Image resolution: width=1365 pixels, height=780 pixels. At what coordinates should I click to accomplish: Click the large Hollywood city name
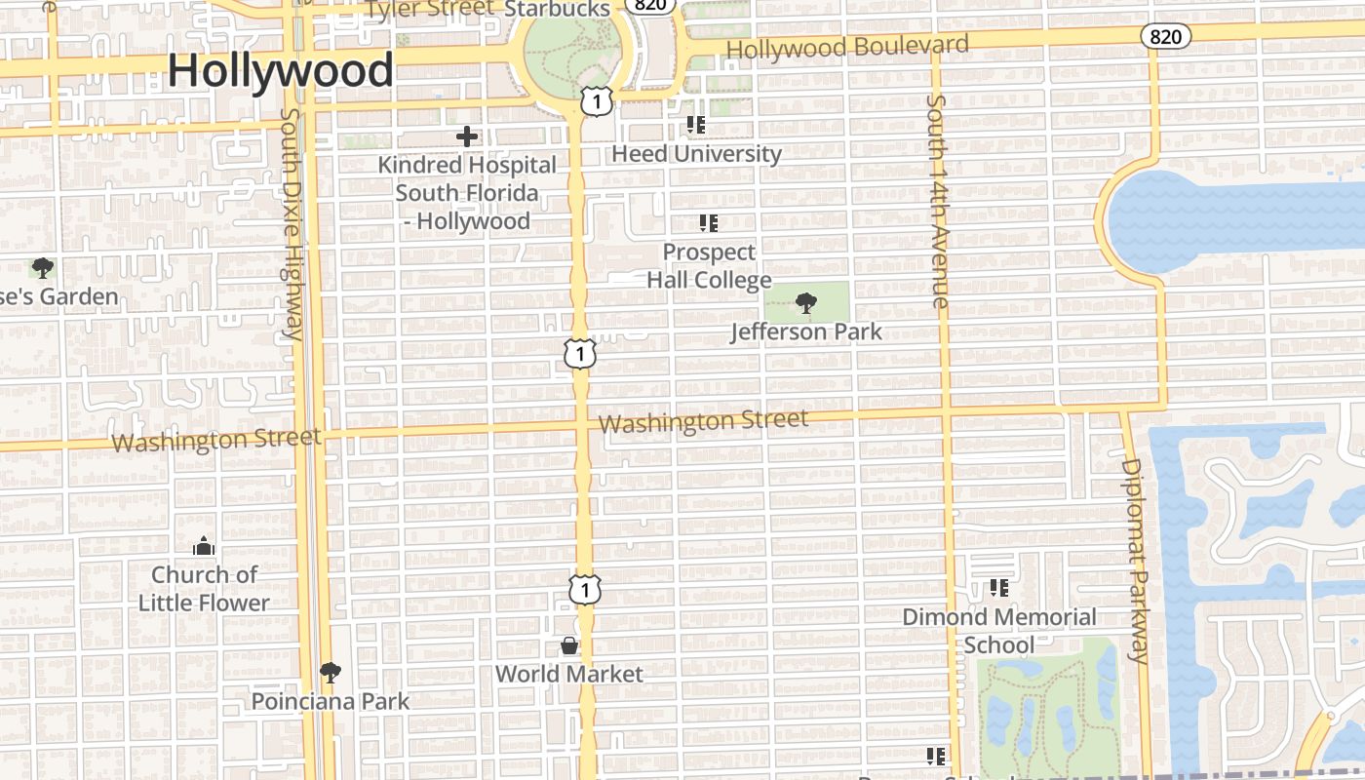pos(281,71)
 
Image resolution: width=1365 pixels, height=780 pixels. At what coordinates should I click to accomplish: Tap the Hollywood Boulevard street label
pos(847,46)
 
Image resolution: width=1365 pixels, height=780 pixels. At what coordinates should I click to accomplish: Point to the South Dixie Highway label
pos(292,223)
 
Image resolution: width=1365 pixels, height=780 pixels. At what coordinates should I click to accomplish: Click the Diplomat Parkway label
pos(1134,560)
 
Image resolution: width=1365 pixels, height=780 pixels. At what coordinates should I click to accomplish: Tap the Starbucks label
pos(557,9)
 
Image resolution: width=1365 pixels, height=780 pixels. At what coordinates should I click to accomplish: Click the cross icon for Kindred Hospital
pos(467,136)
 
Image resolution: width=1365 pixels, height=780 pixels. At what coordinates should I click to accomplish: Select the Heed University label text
pos(696,154)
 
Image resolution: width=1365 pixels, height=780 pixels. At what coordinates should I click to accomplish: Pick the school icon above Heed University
pos(695,124)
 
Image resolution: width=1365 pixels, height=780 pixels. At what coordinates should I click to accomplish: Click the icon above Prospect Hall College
pos(709,222)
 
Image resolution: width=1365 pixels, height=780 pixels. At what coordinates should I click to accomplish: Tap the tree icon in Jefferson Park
pos(805,303)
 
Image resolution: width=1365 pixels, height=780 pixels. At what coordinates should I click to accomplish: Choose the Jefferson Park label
pos(806,331)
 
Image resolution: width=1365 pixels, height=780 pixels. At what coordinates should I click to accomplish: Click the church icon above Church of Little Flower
pos(203,545)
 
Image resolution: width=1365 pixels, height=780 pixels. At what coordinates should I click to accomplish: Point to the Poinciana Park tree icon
pos(331,672)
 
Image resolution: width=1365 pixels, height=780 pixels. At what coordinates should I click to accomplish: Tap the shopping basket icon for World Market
pos(569,645)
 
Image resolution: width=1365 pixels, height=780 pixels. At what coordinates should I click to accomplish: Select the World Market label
pos(569,674)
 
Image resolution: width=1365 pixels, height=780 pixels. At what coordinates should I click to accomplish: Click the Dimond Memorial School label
pos(999,631)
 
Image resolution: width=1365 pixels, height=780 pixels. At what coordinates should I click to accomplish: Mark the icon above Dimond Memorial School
pos(999,588)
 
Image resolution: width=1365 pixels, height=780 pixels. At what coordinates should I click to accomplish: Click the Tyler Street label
pos(430,9)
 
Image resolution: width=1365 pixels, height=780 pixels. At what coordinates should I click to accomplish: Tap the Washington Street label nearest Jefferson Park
pos(703,422)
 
